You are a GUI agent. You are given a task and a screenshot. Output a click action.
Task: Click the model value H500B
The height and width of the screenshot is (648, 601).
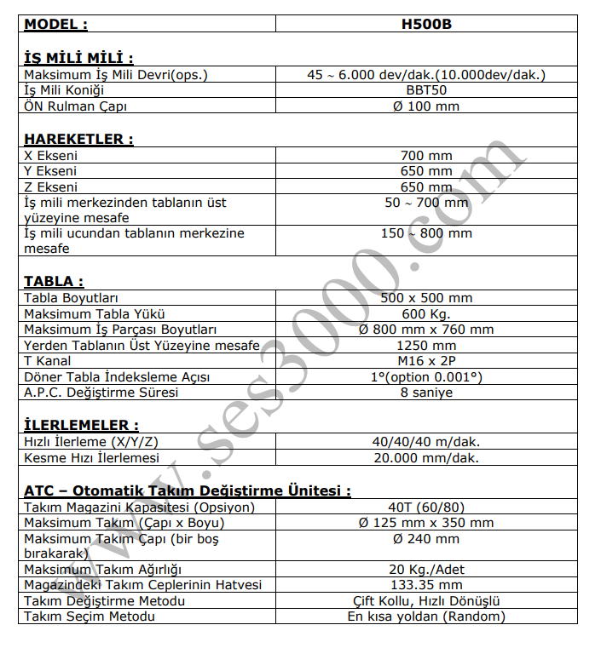click(x=426, y=25)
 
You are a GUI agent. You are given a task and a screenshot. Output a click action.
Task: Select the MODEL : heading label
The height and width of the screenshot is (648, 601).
click(x=55, y=25)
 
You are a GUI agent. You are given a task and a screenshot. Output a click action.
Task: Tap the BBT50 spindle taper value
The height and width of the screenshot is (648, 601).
click(x=426, y=90)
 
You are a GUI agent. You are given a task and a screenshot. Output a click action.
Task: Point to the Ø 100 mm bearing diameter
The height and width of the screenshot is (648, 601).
click(x=426, y=106)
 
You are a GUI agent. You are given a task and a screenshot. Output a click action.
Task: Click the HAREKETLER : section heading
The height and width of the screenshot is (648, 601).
click(x=78, y=139)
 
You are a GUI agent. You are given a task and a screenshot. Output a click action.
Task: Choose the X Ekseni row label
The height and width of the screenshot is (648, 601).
click(x=51, y=156)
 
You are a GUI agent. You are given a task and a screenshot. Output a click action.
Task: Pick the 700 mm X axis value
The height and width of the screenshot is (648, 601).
click(x=426, y=156)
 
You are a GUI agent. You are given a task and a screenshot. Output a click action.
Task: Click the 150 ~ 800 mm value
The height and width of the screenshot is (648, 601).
click(x=426, y=233)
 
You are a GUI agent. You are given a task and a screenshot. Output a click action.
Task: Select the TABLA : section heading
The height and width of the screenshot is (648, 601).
click(x=54, y=281)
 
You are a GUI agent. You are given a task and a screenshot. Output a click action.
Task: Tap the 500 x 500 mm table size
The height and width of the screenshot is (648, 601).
click(x=426, y=298)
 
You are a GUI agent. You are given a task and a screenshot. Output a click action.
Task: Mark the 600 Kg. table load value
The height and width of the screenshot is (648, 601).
click(x=426, y=313)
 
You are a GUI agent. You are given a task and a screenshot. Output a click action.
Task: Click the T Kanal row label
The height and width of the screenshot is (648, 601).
click(x=48, y=361)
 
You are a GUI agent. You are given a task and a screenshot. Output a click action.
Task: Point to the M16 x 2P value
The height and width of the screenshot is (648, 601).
click(x=426, y=361)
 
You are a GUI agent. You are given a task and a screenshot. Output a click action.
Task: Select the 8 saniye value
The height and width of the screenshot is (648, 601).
click(x=426, y=393)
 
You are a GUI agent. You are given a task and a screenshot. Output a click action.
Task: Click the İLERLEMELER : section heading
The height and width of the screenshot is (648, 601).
click(x=81, y=425)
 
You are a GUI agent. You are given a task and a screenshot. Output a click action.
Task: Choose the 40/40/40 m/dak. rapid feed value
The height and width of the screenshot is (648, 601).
click(x=426, y=442)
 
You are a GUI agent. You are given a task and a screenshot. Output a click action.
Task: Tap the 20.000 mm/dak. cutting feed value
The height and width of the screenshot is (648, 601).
click(x=426, y=457)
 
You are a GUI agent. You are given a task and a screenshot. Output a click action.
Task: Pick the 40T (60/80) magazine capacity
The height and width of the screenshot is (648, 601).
click(x=426, y=508)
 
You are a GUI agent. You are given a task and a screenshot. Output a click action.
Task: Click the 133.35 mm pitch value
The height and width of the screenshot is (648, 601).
click(x=426, y=585)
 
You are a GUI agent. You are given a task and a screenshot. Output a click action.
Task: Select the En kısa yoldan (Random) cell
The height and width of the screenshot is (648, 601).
click(x=426, y=616)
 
